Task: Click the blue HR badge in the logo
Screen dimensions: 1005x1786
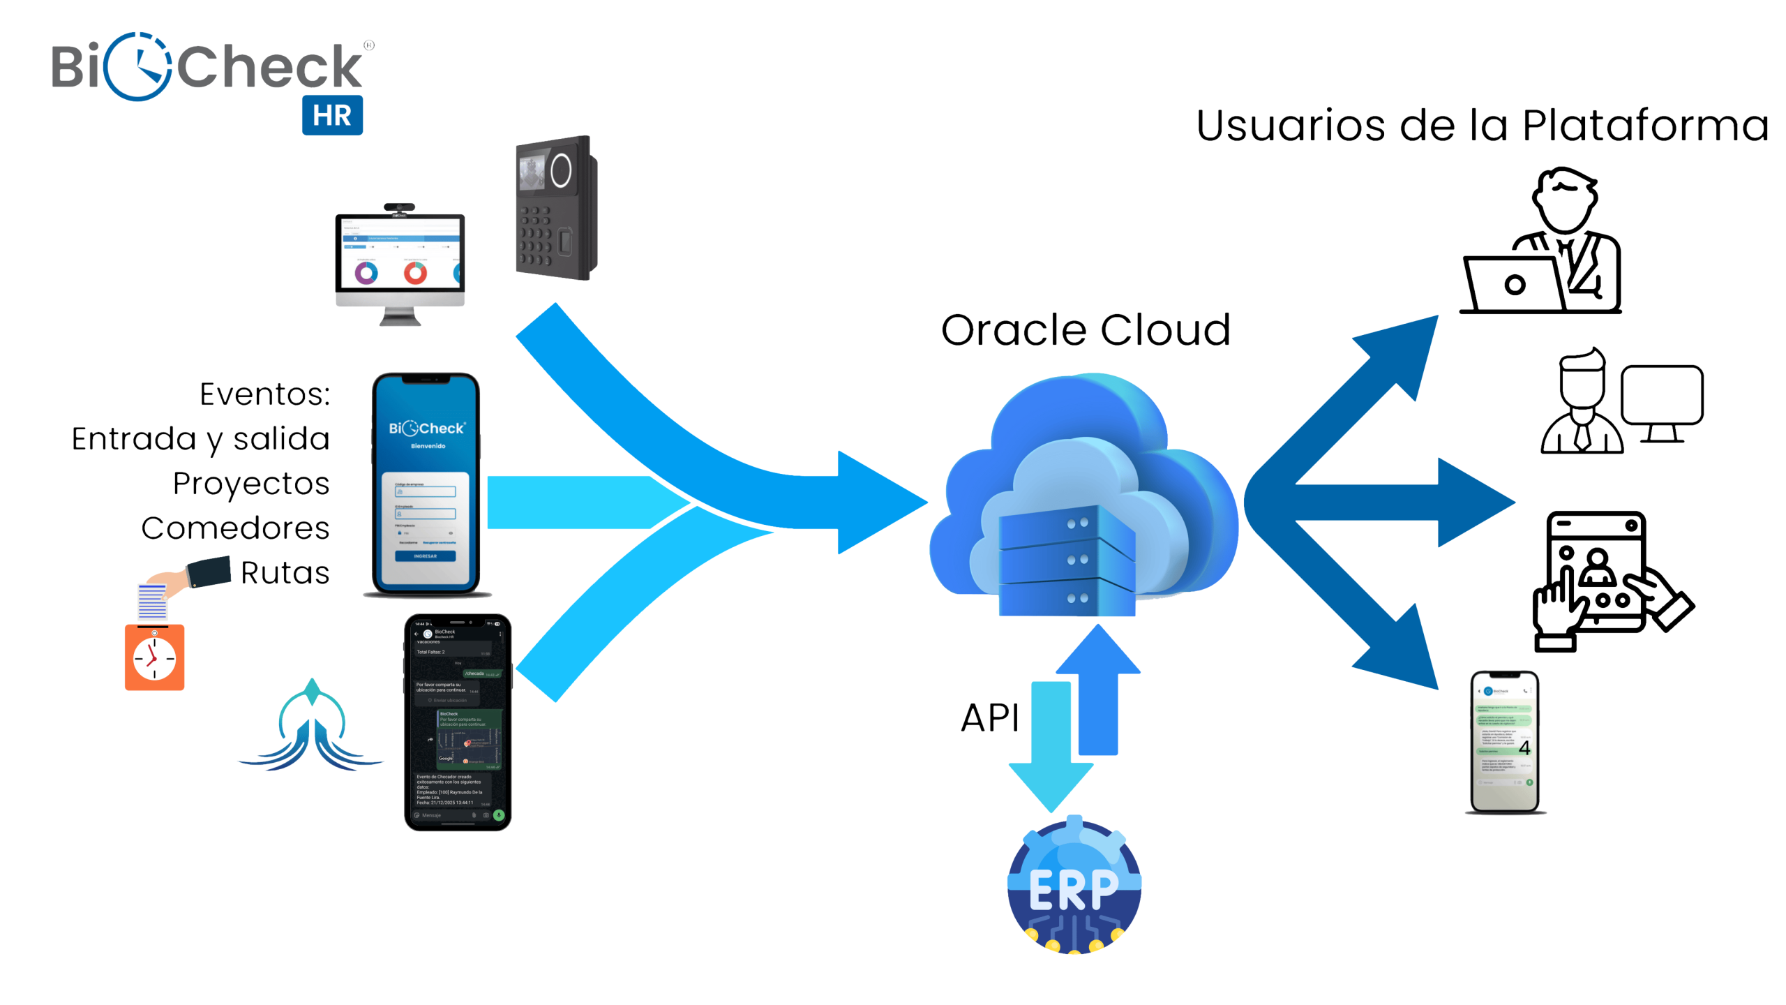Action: point(332,115)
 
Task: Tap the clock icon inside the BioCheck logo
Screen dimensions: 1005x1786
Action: point(139,67)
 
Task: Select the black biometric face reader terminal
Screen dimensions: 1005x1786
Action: point(555,208)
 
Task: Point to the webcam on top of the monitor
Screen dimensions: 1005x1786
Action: point(399,207)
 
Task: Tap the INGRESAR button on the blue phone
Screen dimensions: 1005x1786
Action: point(425,556)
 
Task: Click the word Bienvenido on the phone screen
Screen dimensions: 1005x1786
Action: point(428,446)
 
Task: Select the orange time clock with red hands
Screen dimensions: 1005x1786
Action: point(154,657)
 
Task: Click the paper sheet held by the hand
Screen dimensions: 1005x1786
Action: point(152,602)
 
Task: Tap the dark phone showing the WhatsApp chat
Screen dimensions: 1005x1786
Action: point(458,722)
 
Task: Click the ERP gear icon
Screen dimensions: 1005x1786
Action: point(1074,885)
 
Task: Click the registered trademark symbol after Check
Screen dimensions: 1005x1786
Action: point(369,45)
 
